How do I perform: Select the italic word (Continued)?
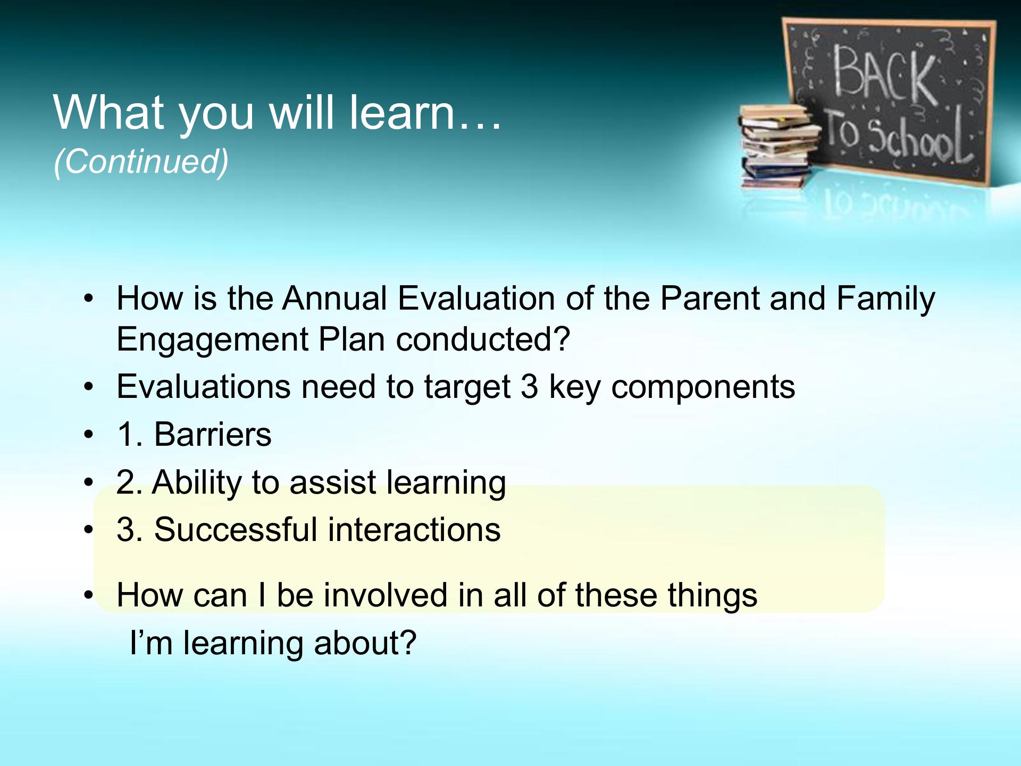point(141,161)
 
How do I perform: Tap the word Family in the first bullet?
point(885,299)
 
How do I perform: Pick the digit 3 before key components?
point(529,387)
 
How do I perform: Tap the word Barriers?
point(213,434)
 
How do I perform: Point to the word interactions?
point(414,530)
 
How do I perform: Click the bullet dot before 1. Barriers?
point(88,435)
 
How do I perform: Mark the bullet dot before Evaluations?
point(88,387)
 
